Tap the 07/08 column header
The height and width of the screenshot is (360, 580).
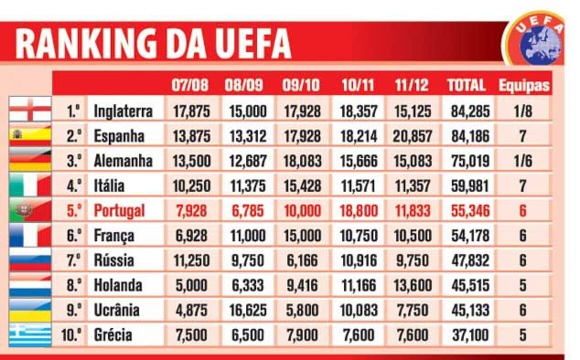(190, 85)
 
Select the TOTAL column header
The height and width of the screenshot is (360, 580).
(466, 85)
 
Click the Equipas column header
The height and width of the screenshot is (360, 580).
(524, 85)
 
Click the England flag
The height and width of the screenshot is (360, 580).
(31, 109)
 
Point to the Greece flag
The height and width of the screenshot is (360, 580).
(31, 334)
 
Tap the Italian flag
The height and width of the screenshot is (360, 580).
(31, 185)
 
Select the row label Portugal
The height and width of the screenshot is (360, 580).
(119, 210)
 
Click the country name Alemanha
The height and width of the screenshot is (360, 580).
(123, 161)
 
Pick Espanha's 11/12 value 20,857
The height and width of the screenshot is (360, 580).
(411, 136)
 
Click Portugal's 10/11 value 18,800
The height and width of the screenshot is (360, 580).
(358, 210)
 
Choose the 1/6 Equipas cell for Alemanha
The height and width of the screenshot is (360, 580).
(522, 161)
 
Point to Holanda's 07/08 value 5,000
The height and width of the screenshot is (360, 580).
(191, 285)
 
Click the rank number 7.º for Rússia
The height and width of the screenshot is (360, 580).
(74, 260)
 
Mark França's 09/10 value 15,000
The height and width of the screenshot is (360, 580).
(301, 235)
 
